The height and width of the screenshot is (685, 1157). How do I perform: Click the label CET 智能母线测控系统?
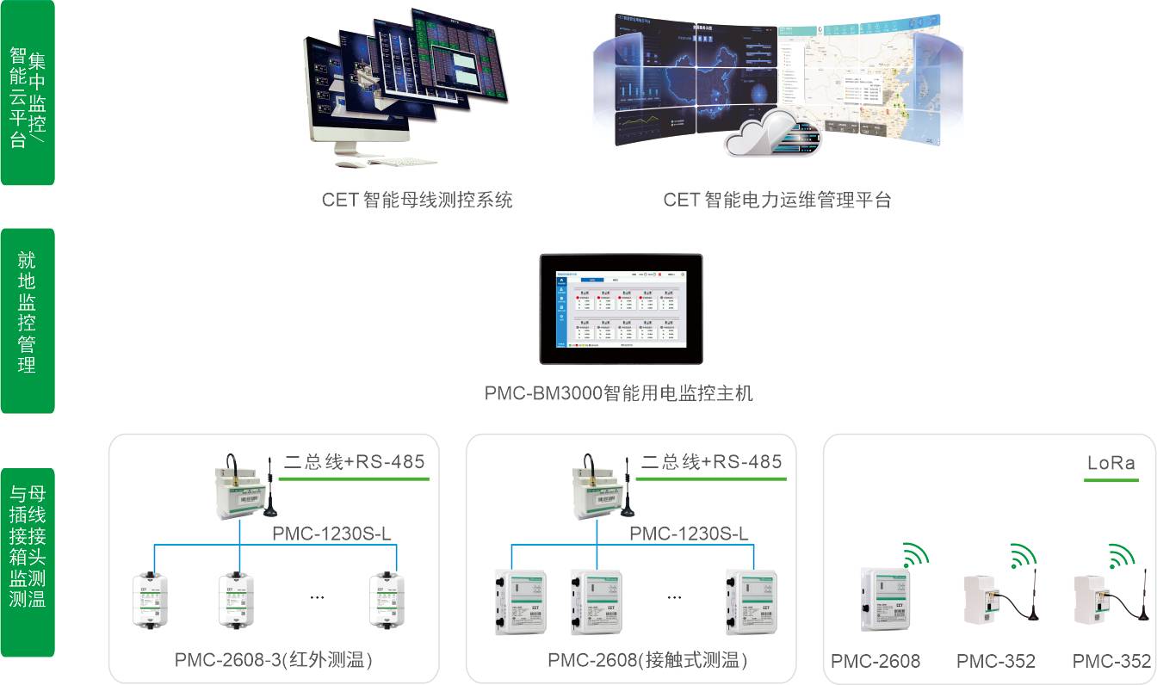[418, 201]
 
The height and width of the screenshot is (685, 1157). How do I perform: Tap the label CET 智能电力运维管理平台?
[776, 201]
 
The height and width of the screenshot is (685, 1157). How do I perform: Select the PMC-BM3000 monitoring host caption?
[618, 394]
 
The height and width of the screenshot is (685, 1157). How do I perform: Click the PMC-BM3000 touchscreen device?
[620, 309]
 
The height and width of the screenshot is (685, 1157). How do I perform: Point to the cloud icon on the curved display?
[768, 133]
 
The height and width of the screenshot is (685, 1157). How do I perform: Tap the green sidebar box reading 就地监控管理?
[28, 320]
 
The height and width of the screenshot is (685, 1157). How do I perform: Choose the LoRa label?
[1111, 463]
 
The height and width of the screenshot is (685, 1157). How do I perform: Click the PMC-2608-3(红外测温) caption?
[274, 661]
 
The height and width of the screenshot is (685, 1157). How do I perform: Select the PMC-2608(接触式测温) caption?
[647, 661]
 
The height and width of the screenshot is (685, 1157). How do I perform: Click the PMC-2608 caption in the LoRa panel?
[875, 661]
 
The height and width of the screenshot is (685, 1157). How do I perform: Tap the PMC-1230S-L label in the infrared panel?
[331, 534]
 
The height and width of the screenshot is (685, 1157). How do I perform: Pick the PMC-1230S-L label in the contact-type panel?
[688, 534]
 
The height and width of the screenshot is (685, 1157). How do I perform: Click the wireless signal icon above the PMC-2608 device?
[916, 555]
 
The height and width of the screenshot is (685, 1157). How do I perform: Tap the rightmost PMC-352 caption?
[1111, 661]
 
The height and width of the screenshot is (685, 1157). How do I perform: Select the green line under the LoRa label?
[1111, 479]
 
